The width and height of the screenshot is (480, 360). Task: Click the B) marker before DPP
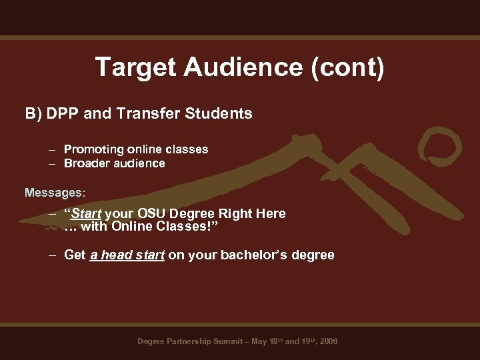(x=33, y=114)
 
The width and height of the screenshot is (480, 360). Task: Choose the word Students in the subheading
(x=217, y=114)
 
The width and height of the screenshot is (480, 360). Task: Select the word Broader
(x=87, y=163)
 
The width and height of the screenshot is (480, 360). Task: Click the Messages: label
(x=55, y=193)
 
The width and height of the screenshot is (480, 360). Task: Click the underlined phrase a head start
(x=127, y=255)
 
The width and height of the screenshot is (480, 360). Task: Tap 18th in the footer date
(x=275, y=341)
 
